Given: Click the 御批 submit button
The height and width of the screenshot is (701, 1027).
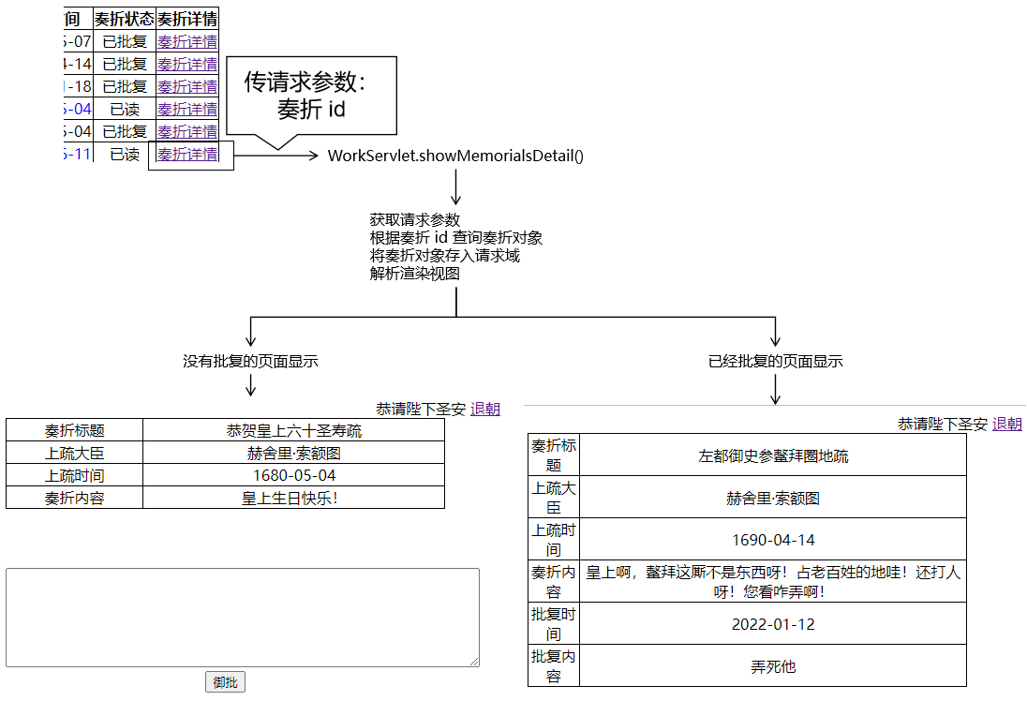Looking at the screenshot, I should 225,682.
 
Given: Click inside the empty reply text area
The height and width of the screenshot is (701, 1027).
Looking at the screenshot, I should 243,618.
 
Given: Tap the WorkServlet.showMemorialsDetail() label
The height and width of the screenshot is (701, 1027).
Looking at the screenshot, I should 455,156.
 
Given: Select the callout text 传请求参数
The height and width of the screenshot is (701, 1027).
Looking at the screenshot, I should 305,82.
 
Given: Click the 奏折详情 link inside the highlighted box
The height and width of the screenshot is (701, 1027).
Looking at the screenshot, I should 187,155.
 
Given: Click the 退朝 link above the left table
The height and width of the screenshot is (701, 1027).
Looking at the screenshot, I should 485,409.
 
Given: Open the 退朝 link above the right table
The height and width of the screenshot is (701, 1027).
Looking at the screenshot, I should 1007,424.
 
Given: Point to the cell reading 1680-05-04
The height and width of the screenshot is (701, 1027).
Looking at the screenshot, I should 294,475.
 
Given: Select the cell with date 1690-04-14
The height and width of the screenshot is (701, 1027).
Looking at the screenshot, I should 773,540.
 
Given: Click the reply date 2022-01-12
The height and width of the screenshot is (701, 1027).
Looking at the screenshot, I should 773,624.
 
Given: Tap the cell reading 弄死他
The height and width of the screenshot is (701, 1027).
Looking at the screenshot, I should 773,666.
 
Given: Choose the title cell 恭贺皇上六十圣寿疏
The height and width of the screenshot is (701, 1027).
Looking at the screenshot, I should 294,431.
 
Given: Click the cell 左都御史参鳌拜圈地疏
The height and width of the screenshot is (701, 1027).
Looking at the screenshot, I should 773,456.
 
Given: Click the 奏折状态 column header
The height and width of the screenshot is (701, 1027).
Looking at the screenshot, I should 125,19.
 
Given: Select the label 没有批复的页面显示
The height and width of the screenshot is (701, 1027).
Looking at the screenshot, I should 250,361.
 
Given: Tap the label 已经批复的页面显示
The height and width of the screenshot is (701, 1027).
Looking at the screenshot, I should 776,361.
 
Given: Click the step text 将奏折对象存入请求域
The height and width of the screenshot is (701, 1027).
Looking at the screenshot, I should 445,256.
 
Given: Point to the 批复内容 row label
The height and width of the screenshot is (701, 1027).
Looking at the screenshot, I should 554,666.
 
